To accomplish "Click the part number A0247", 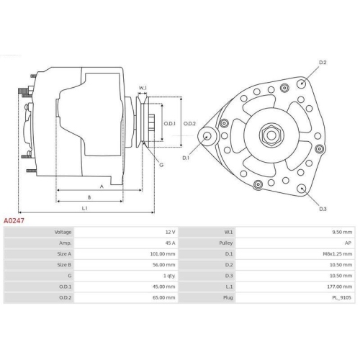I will point(15,222).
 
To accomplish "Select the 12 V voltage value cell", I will point(169,233).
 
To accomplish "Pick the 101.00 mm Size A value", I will point(162,255).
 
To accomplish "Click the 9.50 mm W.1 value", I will point(342,233).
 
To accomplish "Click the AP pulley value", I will point(348,244).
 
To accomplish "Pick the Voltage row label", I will point(63,233).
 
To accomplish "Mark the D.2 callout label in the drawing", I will point(323,63).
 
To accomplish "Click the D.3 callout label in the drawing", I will point(323,209).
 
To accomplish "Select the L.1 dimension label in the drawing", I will point(84,209).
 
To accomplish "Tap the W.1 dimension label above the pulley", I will point(143,89).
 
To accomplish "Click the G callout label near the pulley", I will point(161,165).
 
